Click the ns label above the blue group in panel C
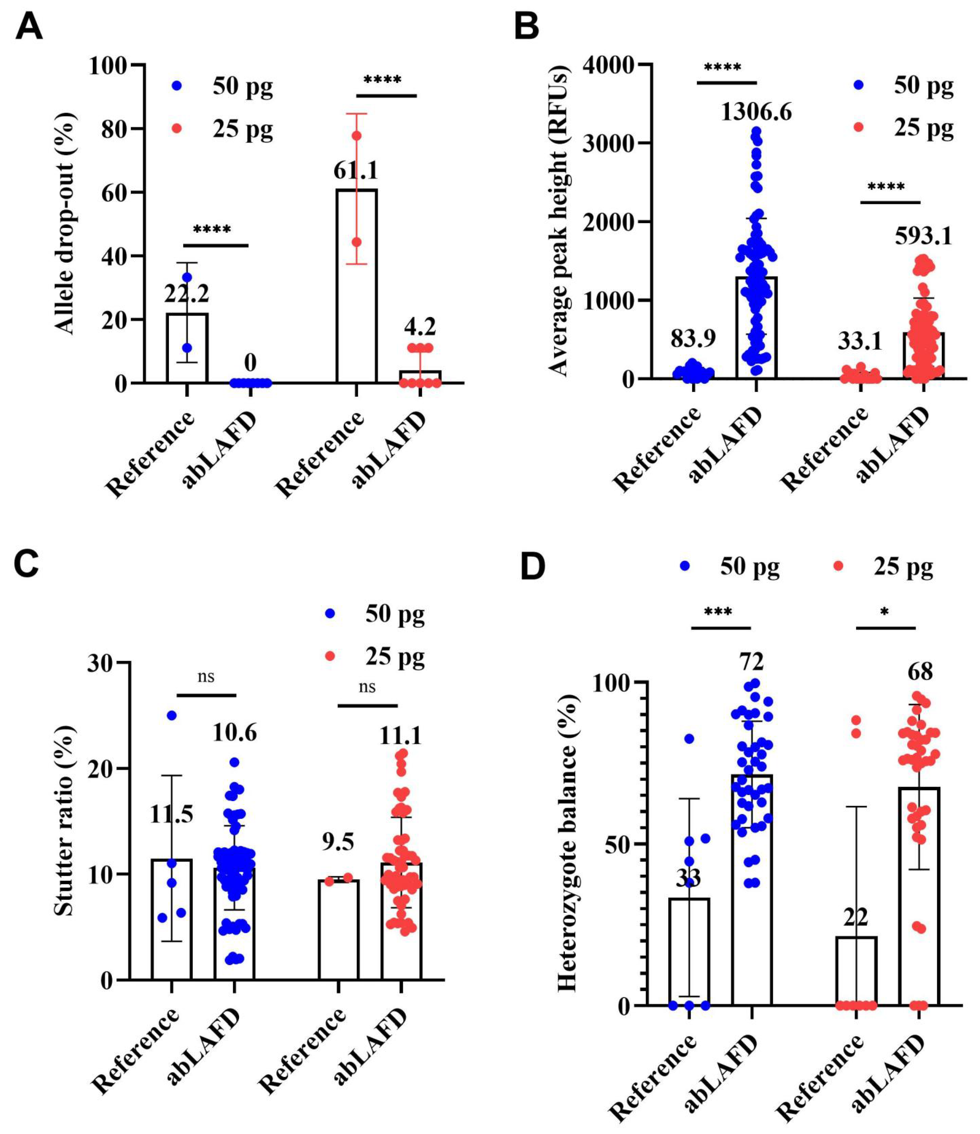(206, 677)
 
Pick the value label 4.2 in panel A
(420, 327)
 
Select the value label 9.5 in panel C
(338, 842)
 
